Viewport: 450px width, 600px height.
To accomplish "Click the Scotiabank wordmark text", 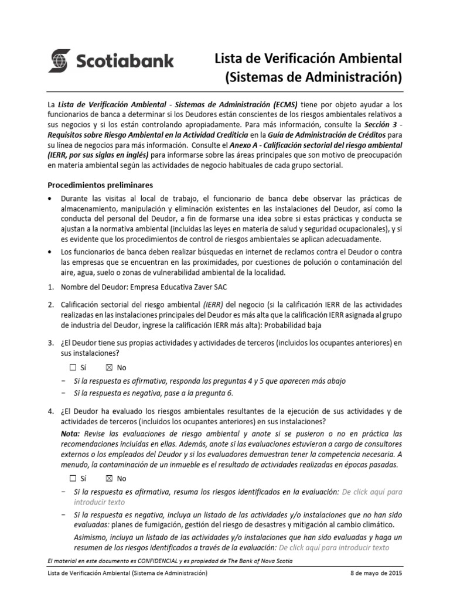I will point(124,61).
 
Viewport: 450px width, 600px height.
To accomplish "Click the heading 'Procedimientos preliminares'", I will point(100,185).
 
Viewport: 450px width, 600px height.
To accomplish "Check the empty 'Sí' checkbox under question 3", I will point(73,367).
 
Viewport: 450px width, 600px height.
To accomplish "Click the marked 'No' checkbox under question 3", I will point(109,367).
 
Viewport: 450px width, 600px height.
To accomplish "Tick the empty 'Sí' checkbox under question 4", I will point(73,478).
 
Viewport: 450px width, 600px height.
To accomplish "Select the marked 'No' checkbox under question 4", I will point(109,478).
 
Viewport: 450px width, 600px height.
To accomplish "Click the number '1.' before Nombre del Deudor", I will point(52,287).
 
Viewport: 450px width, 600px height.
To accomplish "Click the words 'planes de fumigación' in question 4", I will point(151,524).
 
